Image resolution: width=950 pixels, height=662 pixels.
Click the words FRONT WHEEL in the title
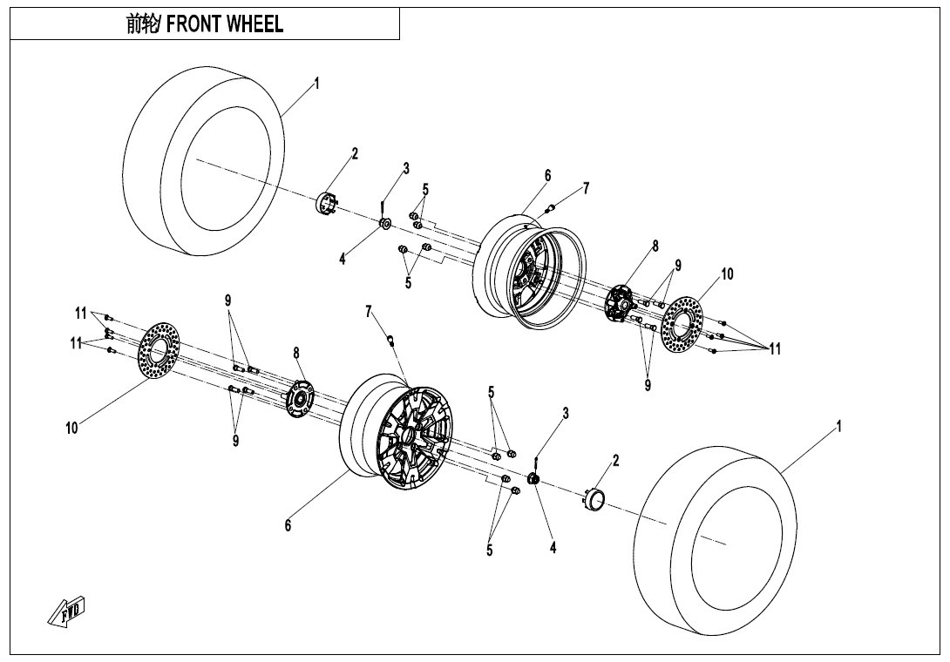224,24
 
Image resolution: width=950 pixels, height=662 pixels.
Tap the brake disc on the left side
159,351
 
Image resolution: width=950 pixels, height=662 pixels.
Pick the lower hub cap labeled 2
594,496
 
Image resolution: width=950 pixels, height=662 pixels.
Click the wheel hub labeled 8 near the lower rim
299,399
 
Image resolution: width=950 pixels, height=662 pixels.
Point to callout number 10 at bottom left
71,429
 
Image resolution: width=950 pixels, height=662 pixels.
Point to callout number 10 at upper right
727,274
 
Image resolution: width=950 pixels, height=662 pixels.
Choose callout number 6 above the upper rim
547,176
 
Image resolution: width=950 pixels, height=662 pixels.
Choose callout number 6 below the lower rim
288,525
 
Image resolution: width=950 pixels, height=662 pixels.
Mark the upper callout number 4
343,260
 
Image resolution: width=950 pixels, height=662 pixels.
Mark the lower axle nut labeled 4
534,478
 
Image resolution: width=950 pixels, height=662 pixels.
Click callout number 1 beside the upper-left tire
316,83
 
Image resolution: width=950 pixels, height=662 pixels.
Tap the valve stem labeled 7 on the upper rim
551,209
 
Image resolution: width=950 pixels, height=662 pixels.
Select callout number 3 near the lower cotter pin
566,414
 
